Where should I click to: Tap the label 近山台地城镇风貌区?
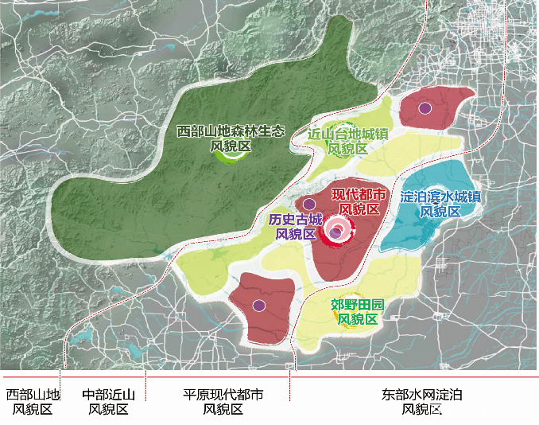tap(347, 142)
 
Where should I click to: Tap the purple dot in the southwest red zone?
tap(258, 305)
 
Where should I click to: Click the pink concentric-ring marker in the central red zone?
tap(336, 232)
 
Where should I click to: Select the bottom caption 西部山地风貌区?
tap(33, 402)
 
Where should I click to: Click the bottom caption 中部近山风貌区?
tap(109, 402)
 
